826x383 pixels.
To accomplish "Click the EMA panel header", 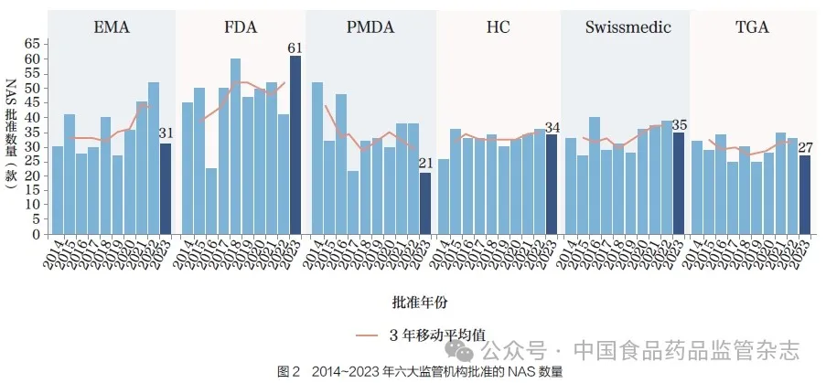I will (111, 27).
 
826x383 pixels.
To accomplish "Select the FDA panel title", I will (240, 27).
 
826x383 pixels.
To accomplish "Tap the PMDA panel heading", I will (370, 27).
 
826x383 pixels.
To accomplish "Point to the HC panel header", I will (499, 27).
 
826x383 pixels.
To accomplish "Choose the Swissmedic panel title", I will (628, 27).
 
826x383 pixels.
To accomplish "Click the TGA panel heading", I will (752, 27).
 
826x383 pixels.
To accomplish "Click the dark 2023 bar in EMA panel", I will (166, 188).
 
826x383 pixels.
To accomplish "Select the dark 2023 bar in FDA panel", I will (295, 144).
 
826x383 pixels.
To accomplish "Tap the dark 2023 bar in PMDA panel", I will (424, 203).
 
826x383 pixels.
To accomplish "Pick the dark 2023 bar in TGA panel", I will (805, 195).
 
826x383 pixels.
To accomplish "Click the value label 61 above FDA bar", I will (295, 48).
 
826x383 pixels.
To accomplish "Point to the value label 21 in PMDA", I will (424, 164).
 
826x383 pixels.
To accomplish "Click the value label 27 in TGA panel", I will (805, 147).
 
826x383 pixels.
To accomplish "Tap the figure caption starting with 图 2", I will (420, 371).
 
